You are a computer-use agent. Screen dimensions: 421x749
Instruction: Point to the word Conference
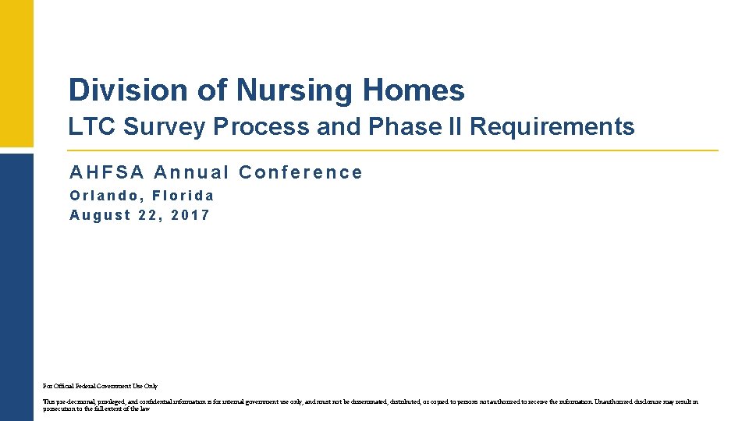coord(300,172)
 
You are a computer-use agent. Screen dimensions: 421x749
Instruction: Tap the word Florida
coord(183,196)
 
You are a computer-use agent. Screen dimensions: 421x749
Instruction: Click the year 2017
coord(190,215)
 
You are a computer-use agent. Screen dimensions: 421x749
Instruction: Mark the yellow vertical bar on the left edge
coord(16,73)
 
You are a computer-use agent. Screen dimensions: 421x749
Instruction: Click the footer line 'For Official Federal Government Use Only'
coord(100,386)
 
